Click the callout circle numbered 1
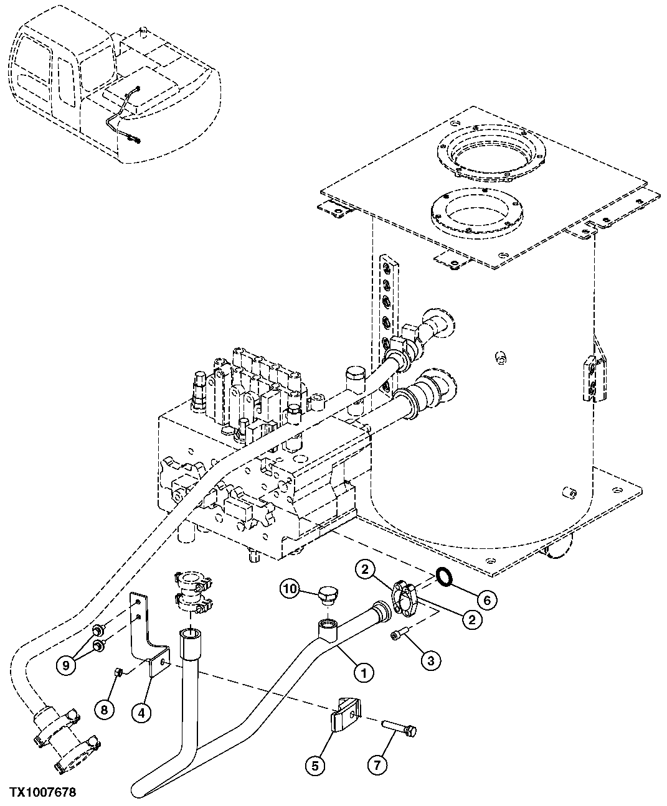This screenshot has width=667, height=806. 364,672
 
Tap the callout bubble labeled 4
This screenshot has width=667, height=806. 141,714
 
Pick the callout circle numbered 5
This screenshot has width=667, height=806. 315,767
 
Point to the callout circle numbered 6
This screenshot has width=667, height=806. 487,599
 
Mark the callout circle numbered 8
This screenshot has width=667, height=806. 104,709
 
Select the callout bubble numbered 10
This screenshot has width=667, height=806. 290,588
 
